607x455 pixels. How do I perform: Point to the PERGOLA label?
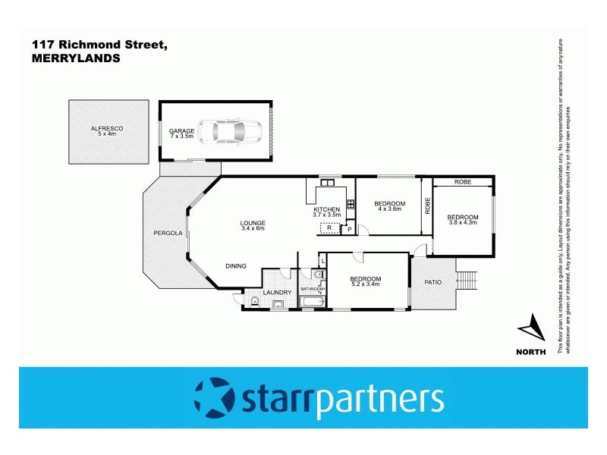[168, 233]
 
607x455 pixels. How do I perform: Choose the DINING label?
[236, 265]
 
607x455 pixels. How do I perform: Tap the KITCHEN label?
[327, 212]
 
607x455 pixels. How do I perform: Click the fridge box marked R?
[330, 227]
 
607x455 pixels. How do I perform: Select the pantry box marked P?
[350, 228]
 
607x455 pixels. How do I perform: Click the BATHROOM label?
[313, 289]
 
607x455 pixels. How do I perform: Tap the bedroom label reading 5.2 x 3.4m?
[366, 281]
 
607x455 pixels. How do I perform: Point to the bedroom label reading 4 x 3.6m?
[390, 206]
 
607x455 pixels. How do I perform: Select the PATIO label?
[432, 283]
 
